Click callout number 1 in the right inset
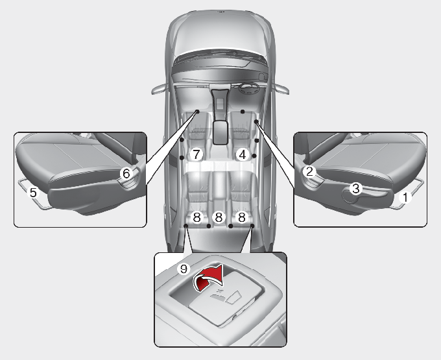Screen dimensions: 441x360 tap(405, 197)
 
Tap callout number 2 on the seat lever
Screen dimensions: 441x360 tap(309, 171)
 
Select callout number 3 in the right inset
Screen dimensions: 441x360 tap(356, 189)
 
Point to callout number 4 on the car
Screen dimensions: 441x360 tap(243, 154)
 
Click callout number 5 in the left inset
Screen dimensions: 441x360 tap(33, 193)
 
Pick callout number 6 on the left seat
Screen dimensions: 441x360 tap(126, 174)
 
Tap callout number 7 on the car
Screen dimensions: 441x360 tap(196, 154)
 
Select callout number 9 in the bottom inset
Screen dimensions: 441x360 tap(184, 269)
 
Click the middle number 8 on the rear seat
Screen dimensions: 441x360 tap(219, 217)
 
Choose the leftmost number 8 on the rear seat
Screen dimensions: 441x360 tap(197, 217)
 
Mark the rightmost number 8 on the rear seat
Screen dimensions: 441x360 tap(242, 217)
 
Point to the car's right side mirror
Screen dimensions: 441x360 tap(281, 89)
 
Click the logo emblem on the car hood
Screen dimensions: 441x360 tap(220, 12)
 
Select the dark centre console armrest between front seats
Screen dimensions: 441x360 tap(220, 132)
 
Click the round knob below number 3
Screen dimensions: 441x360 tap(349, 197)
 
